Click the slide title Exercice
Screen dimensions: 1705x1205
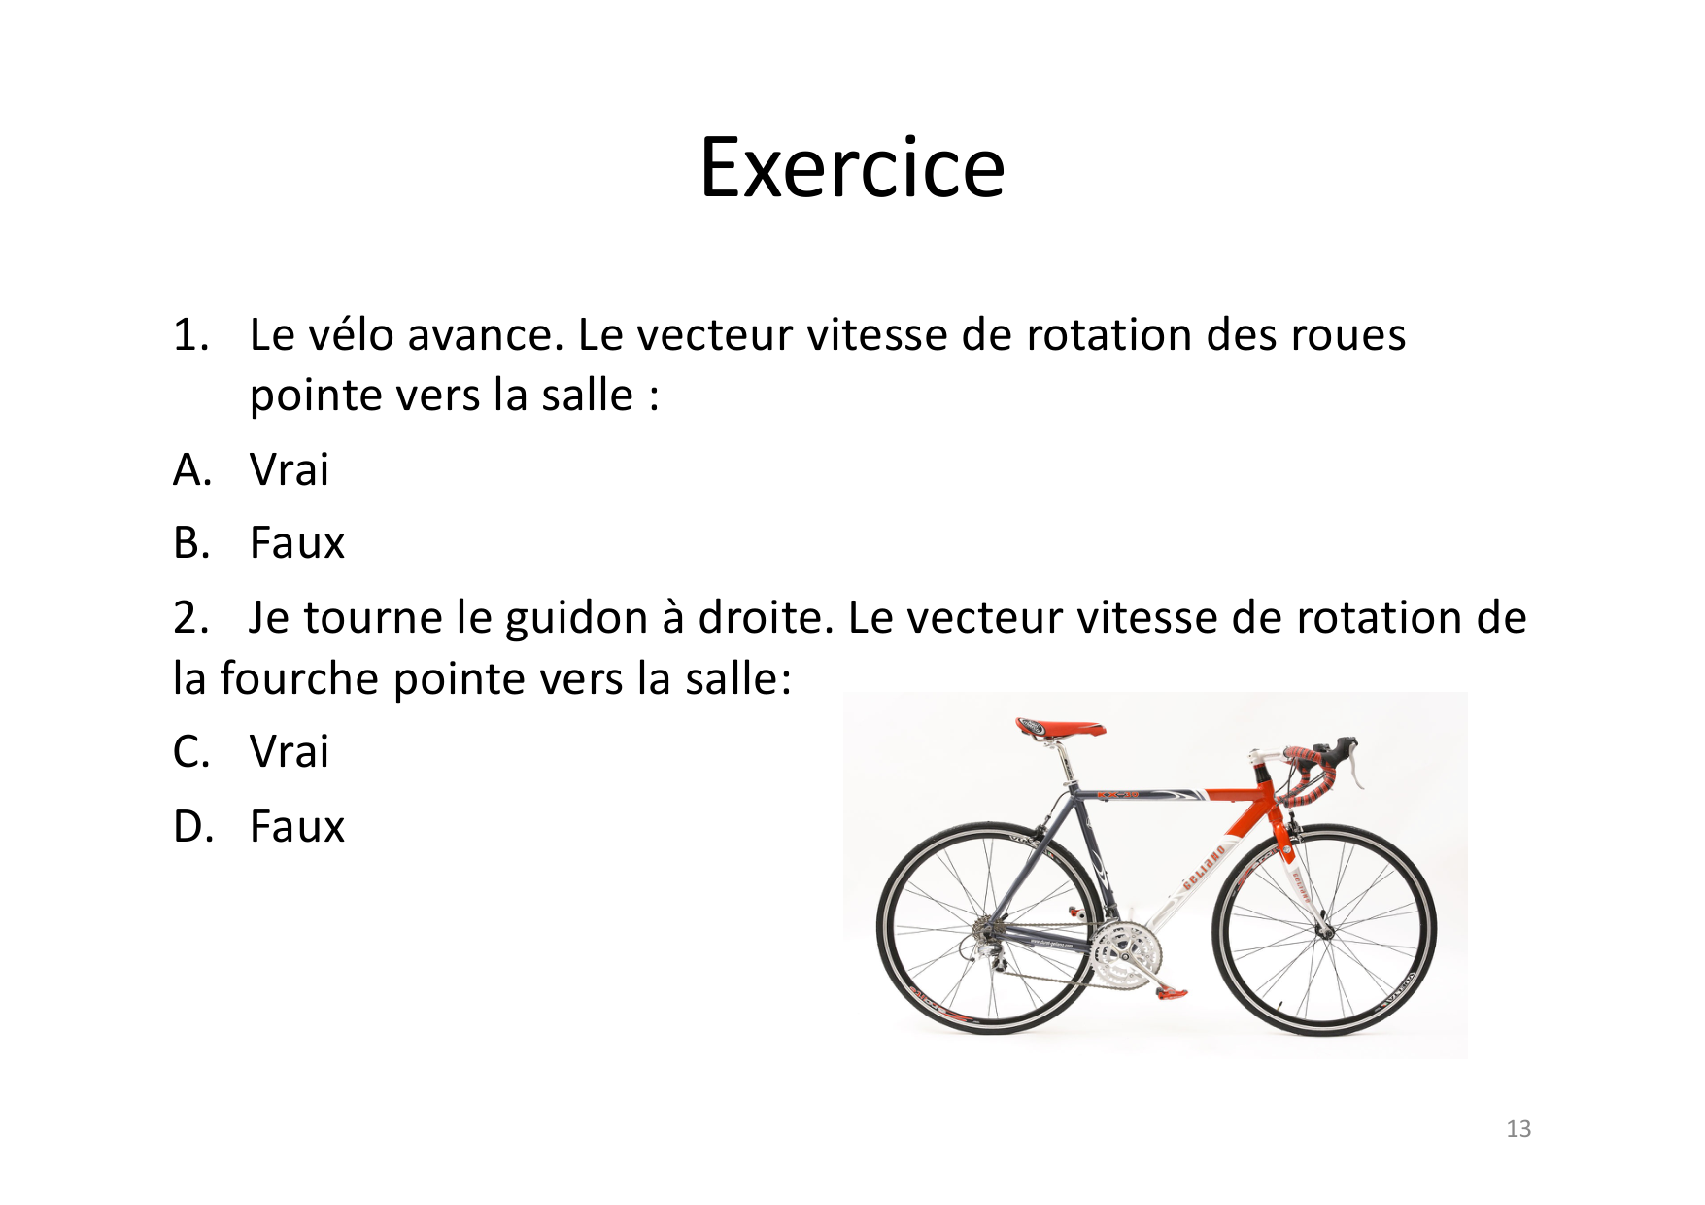[852, 167]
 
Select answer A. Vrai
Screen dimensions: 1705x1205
[251, 469]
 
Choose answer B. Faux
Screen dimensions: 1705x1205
[258, 542]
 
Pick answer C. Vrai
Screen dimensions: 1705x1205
[251, 751]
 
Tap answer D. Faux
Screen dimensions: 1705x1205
[258, 826]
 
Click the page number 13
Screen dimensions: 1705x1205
[1518, 1128]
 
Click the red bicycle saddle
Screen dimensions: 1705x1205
[1060, 727]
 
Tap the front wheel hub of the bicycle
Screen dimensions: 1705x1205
[1322, 931]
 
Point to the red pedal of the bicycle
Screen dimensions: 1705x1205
[1171, 992]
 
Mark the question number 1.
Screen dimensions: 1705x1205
[191, 334]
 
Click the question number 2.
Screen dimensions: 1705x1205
[191, 618]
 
